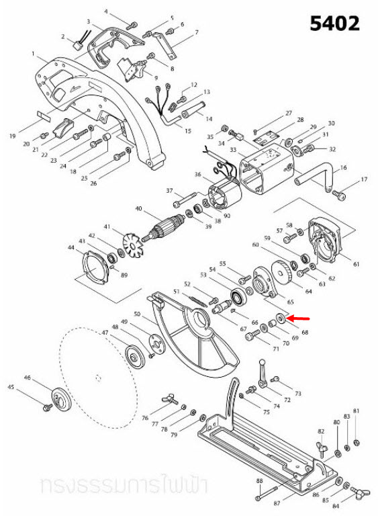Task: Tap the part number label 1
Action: (x=33, y=53)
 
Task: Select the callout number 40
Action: (x=139, y=209)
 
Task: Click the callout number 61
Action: (x=356, y=263)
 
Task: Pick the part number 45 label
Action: (x=11, y=387)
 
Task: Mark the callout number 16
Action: (x=344, y=167)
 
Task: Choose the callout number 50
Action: (x=136, y=314)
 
